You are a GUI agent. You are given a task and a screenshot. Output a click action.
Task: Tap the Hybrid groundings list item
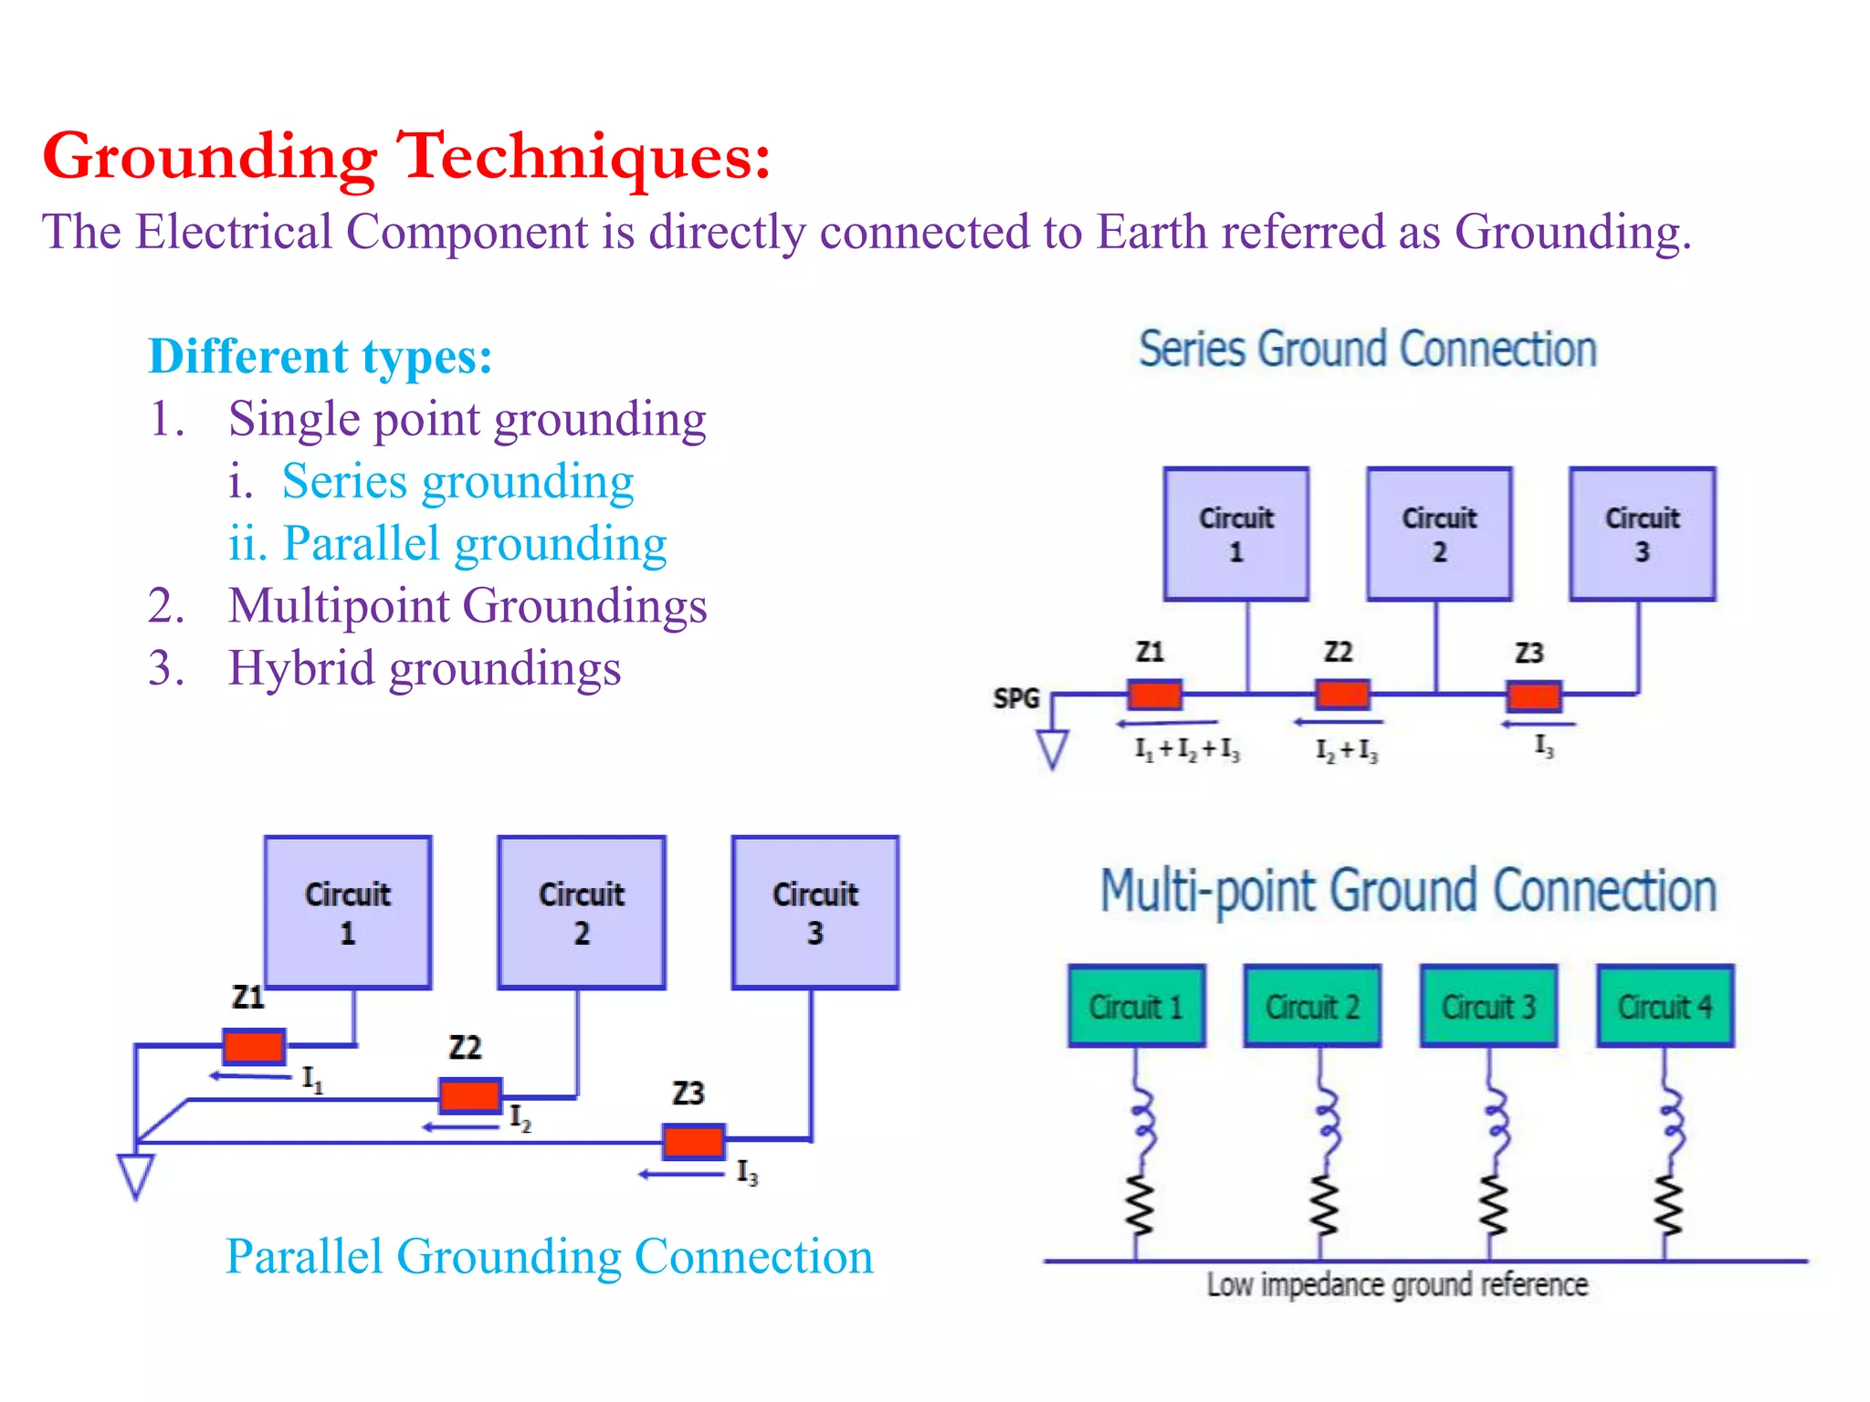coord(424,668)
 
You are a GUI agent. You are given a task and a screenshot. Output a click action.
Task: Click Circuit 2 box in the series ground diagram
coord(1439,534)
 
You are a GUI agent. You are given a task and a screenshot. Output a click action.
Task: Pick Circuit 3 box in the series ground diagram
coord(1642,534)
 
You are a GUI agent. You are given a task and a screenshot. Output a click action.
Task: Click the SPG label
coord(1016,698)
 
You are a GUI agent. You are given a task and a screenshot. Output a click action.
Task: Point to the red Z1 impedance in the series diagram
coord(1154,695)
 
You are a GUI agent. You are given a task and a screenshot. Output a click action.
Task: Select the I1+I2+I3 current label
coord(1187,749)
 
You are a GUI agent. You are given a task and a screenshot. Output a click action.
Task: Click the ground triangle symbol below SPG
coord(1053,748)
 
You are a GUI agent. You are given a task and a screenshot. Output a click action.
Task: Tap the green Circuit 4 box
coord(1665,1006)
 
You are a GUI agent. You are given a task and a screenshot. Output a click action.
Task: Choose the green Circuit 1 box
coord(1136,1006)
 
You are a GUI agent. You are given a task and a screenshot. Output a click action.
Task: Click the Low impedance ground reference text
coord(1397,1285)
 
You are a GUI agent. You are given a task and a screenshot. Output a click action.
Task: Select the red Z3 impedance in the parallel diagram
coord(694,1141)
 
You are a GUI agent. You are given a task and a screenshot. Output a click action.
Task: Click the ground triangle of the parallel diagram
coord(136,1175)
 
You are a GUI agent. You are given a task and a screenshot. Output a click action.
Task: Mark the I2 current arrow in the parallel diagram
coord(461,1127)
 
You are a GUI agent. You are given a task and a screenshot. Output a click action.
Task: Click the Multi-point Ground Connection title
coord(1408,892)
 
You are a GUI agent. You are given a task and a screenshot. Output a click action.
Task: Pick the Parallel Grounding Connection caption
coord(549,1257)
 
